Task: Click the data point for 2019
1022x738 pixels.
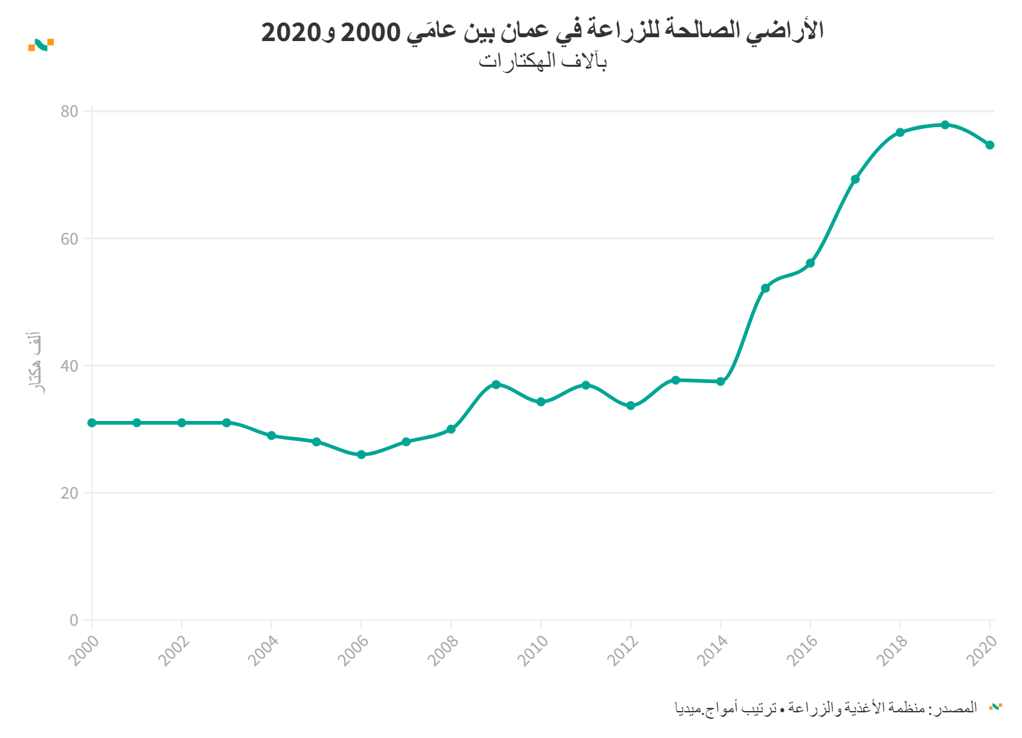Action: coord(945,124)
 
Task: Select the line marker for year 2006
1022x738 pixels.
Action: coord(361,454)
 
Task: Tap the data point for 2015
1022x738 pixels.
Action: coord(765,288)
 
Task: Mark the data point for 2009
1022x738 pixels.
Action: coord(496,384)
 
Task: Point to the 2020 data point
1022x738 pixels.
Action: coord(990,145)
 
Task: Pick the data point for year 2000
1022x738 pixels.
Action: coord(92,423)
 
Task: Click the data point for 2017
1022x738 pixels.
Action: coord(855,179)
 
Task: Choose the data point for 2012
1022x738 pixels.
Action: coord(630,406)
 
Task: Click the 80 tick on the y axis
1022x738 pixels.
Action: coord(69,112)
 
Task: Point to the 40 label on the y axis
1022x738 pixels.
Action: coord(69,366)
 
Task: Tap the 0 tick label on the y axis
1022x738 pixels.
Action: coord(74,621)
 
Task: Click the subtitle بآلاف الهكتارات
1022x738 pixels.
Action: coord(542,62)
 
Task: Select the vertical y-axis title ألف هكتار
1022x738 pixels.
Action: coord(34,363)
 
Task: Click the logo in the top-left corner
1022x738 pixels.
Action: coord(41,44)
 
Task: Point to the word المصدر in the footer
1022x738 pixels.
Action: coord(958,708)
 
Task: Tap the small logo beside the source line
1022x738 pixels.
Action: coord(995,707)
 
